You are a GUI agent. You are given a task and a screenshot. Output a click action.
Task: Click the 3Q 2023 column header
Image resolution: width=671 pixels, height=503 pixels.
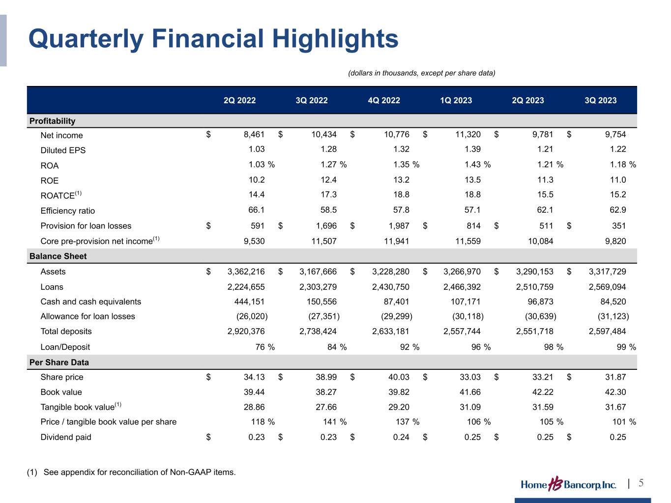coord(600,101)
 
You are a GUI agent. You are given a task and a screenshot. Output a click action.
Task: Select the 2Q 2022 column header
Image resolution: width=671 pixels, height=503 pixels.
coord(239,101)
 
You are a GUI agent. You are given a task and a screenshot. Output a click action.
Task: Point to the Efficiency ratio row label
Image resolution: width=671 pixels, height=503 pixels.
coord(67,211)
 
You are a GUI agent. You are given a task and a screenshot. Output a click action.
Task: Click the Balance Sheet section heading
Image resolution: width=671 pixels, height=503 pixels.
coord(58,256)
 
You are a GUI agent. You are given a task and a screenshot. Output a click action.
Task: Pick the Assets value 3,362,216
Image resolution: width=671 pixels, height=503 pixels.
coord(246,272)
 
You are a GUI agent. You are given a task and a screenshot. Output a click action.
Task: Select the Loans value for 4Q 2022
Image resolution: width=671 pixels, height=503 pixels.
coord(391,287)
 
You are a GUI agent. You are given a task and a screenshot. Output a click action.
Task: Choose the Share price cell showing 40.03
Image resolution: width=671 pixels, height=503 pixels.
coord(399,377)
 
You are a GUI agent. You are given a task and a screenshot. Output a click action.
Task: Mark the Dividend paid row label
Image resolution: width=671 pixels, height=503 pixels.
coord(66,437)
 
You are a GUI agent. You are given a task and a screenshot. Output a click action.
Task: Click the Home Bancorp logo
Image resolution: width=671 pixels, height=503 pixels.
coord(568,484)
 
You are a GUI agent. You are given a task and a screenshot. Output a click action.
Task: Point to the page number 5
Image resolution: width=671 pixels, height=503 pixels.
coord(641,483)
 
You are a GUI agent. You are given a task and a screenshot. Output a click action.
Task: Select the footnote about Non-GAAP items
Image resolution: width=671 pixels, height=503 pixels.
coord(131,473)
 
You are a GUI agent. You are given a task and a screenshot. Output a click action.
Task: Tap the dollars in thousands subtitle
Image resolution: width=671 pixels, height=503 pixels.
coord(421,73)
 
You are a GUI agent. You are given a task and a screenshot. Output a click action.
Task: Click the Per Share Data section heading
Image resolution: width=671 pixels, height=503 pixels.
coord(59,363)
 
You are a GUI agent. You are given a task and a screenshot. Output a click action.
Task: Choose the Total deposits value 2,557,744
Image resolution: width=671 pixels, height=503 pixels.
coord(462,332)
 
